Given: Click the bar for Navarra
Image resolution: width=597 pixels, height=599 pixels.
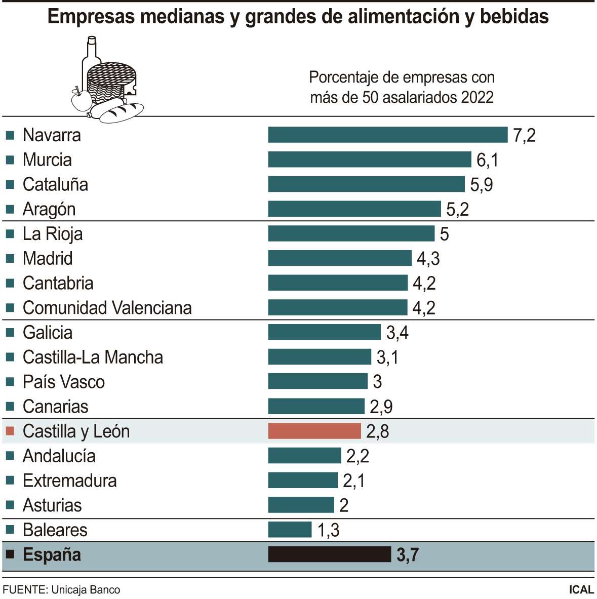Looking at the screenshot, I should [x=387, y=135].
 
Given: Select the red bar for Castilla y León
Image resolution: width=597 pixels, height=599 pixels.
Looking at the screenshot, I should [x=314, y=431].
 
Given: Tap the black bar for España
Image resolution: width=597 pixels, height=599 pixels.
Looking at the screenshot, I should [x=329, y=554].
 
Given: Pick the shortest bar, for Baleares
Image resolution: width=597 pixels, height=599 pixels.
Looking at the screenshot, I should [x=290, y=530].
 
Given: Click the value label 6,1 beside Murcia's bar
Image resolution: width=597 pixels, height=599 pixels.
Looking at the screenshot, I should [x=487, y=160].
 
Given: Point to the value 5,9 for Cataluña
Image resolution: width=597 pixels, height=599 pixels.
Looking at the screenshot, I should [x=481, y=184].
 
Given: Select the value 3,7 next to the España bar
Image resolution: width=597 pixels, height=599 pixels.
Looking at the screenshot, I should [x=407, y=554].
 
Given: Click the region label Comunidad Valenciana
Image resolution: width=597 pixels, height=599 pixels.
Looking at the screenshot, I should [x=107, y=308].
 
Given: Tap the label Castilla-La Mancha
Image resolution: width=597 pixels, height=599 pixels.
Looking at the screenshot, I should [x=93, y=357].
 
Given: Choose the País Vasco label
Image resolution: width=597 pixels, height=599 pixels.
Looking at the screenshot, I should [x=64, y=382].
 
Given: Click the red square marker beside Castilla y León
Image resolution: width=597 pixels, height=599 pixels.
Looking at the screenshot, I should [x=10, y=431].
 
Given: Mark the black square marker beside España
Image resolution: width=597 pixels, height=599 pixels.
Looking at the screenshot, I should [x=10, y=554].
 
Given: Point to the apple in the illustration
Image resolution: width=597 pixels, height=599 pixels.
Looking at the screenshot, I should [x=81, y=100].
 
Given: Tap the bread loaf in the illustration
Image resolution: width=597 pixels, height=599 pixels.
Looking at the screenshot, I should [x=122, y=112].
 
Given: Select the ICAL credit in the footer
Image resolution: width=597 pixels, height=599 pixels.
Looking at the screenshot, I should [x=581, y=589].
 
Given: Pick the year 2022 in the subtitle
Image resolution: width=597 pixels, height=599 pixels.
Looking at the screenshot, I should [x=477, y=97].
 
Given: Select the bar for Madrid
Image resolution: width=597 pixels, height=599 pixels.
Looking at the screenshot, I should [x=339, y=258].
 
